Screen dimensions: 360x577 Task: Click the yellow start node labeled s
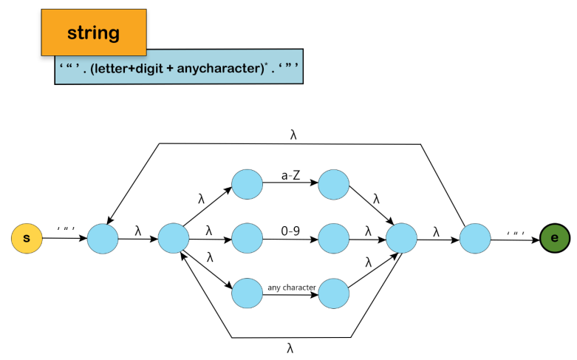point(27,239)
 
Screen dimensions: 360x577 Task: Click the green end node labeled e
point(555,239)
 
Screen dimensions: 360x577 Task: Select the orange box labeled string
point(93,33)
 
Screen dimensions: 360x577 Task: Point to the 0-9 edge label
point(290,231)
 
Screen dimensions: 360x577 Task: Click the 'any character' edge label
point(291,286)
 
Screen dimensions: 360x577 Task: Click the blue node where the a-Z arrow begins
point(247,183)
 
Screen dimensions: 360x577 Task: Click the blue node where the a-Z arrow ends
point(333,183)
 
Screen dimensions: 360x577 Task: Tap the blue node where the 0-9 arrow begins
point(247,239)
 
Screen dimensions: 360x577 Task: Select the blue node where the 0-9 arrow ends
point(333,239)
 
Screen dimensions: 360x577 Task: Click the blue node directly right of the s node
point(103,239)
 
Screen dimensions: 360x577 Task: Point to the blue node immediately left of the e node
point(475,239)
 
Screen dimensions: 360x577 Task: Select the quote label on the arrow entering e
point(515,232)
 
